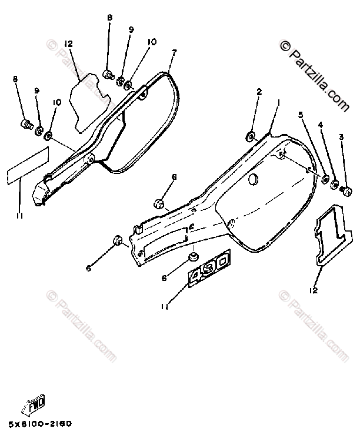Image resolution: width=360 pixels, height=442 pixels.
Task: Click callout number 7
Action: [x=174, y=53]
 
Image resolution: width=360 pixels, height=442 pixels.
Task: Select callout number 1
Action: [x=279, y=102]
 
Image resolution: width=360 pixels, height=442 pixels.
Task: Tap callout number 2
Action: [x=258, y=92]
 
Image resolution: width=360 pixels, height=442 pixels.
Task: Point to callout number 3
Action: [x=342, y=137]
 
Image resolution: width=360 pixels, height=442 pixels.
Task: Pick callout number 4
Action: [x=321, y=125]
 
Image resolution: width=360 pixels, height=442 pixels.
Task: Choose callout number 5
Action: [x=301, y=115]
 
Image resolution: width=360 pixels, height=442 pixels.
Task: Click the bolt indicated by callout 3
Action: [x=346, y=190]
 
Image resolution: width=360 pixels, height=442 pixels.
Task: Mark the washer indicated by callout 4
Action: [x=335, y=186]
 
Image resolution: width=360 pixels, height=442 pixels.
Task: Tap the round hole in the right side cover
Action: [x=254, y=179]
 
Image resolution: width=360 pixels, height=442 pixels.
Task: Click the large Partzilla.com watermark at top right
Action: [x=315, y=73]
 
